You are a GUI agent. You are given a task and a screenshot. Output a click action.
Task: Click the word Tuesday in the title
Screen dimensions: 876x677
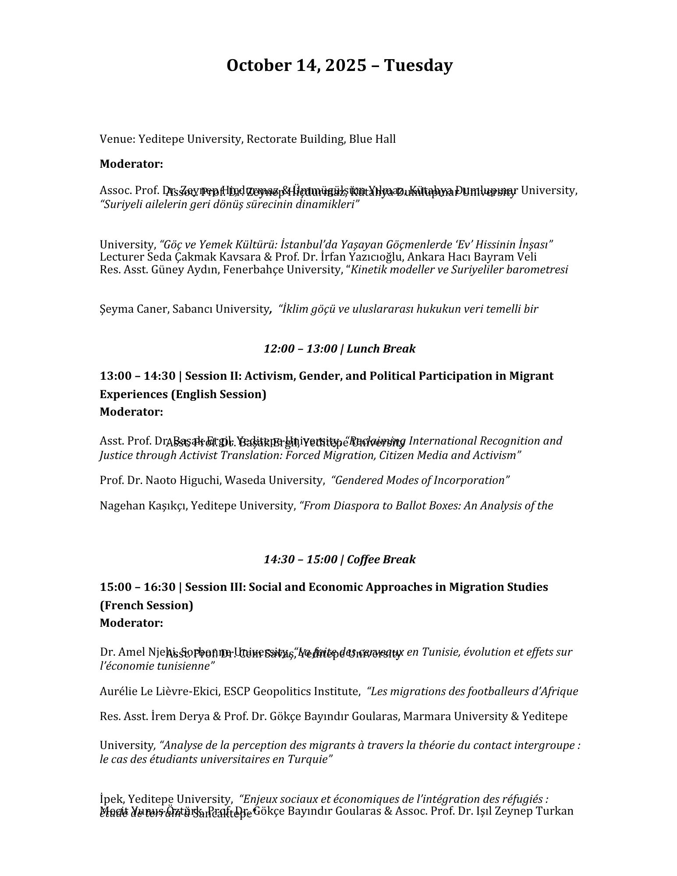(x=418, y=66)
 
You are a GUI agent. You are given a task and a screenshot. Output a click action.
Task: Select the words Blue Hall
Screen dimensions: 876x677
(x=372, y=139)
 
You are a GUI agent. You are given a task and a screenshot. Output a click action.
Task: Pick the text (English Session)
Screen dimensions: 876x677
(x=219, y=394)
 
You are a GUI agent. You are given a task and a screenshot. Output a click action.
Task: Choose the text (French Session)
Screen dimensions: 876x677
(x=146, y=605)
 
